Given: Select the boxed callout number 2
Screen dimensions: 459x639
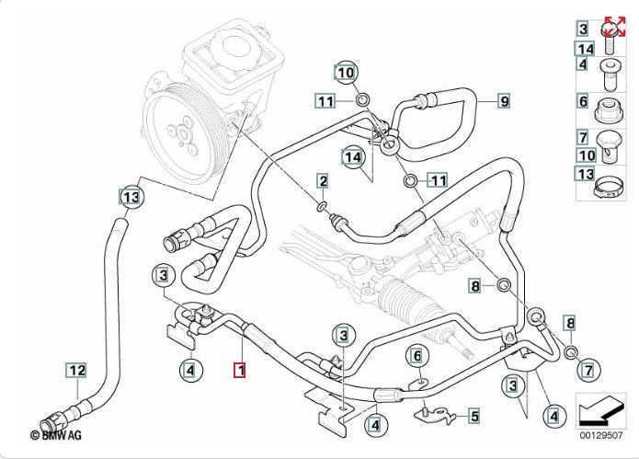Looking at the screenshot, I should pos(323,180).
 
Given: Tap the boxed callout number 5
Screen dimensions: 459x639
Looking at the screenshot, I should pos(474,416).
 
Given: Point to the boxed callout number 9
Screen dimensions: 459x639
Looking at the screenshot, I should pos(504,100).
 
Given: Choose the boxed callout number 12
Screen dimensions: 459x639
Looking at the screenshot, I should pos(76,371).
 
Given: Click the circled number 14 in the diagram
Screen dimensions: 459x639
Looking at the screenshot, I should pos(351,156).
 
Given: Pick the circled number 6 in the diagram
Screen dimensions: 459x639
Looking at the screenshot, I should pos(416,355).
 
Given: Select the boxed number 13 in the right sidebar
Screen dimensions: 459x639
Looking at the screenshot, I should pos(584,173).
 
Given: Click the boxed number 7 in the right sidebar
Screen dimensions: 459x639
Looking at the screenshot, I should pos(583,137).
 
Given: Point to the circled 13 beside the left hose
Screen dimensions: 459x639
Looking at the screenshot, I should pos(131,196).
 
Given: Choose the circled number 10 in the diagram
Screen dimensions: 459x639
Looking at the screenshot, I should pos(345,71).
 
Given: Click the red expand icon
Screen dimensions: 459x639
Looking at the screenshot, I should pos(614,29).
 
